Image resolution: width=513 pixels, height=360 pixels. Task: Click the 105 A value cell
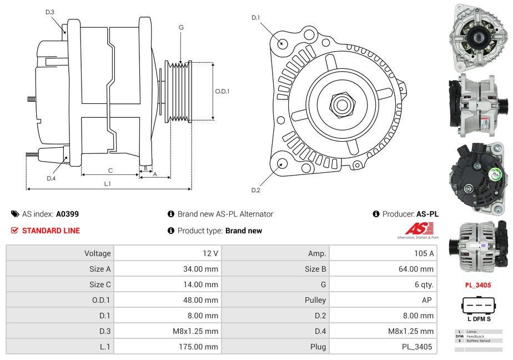point(424,253)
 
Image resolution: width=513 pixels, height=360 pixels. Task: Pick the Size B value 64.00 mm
point(419,269)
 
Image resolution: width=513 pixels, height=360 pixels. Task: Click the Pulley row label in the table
point(315,300)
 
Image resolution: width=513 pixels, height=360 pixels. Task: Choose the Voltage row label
point(98,253)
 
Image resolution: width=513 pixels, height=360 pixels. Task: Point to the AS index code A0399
point(67,214)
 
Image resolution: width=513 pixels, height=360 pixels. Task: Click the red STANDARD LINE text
point(51,231)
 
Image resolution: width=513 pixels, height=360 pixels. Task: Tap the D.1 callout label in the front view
point(255,18)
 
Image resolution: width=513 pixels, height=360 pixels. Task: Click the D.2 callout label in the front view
point(255,191)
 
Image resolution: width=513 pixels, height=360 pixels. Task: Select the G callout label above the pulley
point(181,27)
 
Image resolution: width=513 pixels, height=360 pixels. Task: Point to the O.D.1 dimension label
point(222,92)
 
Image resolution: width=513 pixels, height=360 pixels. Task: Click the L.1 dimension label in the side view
point(108,183)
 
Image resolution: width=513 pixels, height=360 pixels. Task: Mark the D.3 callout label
point(50,12)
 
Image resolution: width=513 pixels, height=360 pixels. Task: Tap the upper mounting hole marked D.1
point(282,43)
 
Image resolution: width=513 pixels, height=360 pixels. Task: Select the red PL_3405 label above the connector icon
point(479,286)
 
